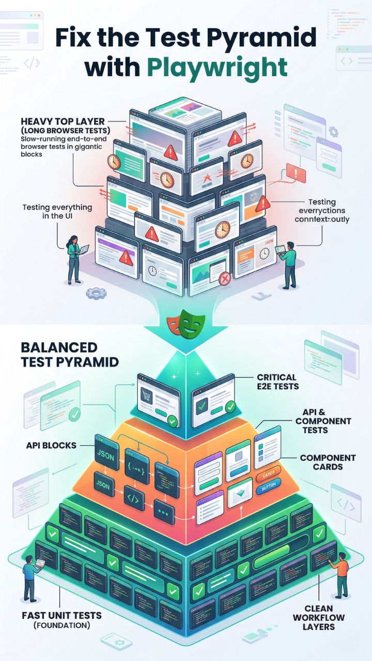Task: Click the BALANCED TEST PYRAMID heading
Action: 70,354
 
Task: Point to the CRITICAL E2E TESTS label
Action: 277,382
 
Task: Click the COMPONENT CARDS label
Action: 328,462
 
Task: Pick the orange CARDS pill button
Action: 268,473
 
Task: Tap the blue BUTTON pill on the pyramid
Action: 268,485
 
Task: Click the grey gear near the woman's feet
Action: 96,293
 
